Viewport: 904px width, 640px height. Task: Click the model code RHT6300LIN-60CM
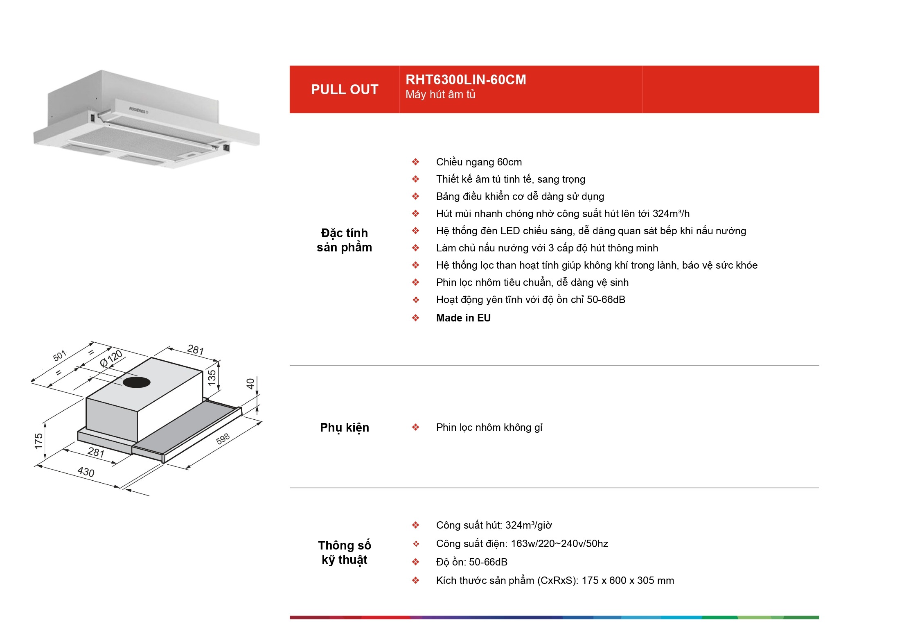(466, 79)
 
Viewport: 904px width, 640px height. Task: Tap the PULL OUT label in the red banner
(345, 89)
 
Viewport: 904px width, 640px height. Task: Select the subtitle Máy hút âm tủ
(440, 95)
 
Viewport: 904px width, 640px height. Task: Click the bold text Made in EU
(463, 318)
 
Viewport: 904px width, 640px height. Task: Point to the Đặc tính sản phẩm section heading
(345, 240)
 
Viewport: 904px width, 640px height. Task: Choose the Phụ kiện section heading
(345, 427)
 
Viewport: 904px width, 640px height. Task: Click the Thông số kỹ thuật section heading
(345, 552)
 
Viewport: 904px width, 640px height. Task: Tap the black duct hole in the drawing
(137, 382)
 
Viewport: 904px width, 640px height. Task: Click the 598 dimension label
(223, 439)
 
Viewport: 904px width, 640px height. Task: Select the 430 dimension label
(86, 472)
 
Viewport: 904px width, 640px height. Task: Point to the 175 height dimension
(38, 441)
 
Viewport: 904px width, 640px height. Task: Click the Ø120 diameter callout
(111, 358)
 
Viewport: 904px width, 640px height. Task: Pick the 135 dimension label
(212, 377)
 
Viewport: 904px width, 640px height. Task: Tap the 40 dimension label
(250, 384)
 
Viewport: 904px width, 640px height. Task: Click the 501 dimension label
(60, 355)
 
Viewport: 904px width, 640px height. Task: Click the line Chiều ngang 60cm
(479, 162)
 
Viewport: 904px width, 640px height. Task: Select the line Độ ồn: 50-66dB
(471, 562)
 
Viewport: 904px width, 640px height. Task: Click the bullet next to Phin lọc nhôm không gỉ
(415, 427)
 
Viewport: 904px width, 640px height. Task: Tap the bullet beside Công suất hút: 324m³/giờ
(415, 525)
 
